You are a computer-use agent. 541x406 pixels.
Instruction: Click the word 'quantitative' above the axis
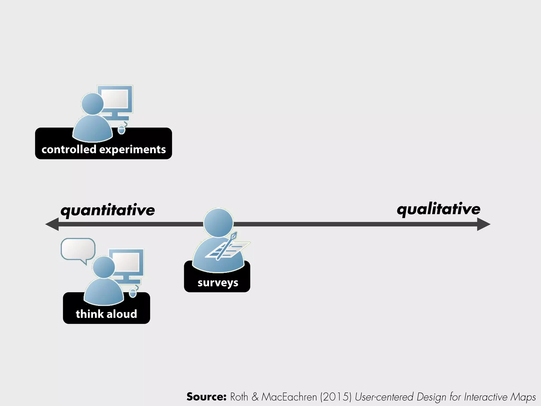108,210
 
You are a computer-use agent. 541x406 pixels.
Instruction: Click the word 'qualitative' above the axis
439,209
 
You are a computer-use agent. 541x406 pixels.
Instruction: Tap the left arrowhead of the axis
52,224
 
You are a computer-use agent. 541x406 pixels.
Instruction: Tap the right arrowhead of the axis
483,224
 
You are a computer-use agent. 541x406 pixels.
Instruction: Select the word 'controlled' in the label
69,150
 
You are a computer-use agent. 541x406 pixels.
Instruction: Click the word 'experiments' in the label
133,150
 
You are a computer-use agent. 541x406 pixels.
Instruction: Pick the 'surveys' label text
218,283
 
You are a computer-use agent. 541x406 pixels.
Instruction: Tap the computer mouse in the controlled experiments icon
121,130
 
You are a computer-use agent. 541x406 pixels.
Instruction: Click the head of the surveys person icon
218,222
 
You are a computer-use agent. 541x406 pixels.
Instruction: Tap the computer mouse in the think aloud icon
133,293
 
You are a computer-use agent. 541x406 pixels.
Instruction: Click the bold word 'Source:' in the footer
206,397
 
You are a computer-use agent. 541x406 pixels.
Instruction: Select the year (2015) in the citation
335,397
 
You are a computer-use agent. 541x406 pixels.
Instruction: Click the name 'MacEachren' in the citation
289,397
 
